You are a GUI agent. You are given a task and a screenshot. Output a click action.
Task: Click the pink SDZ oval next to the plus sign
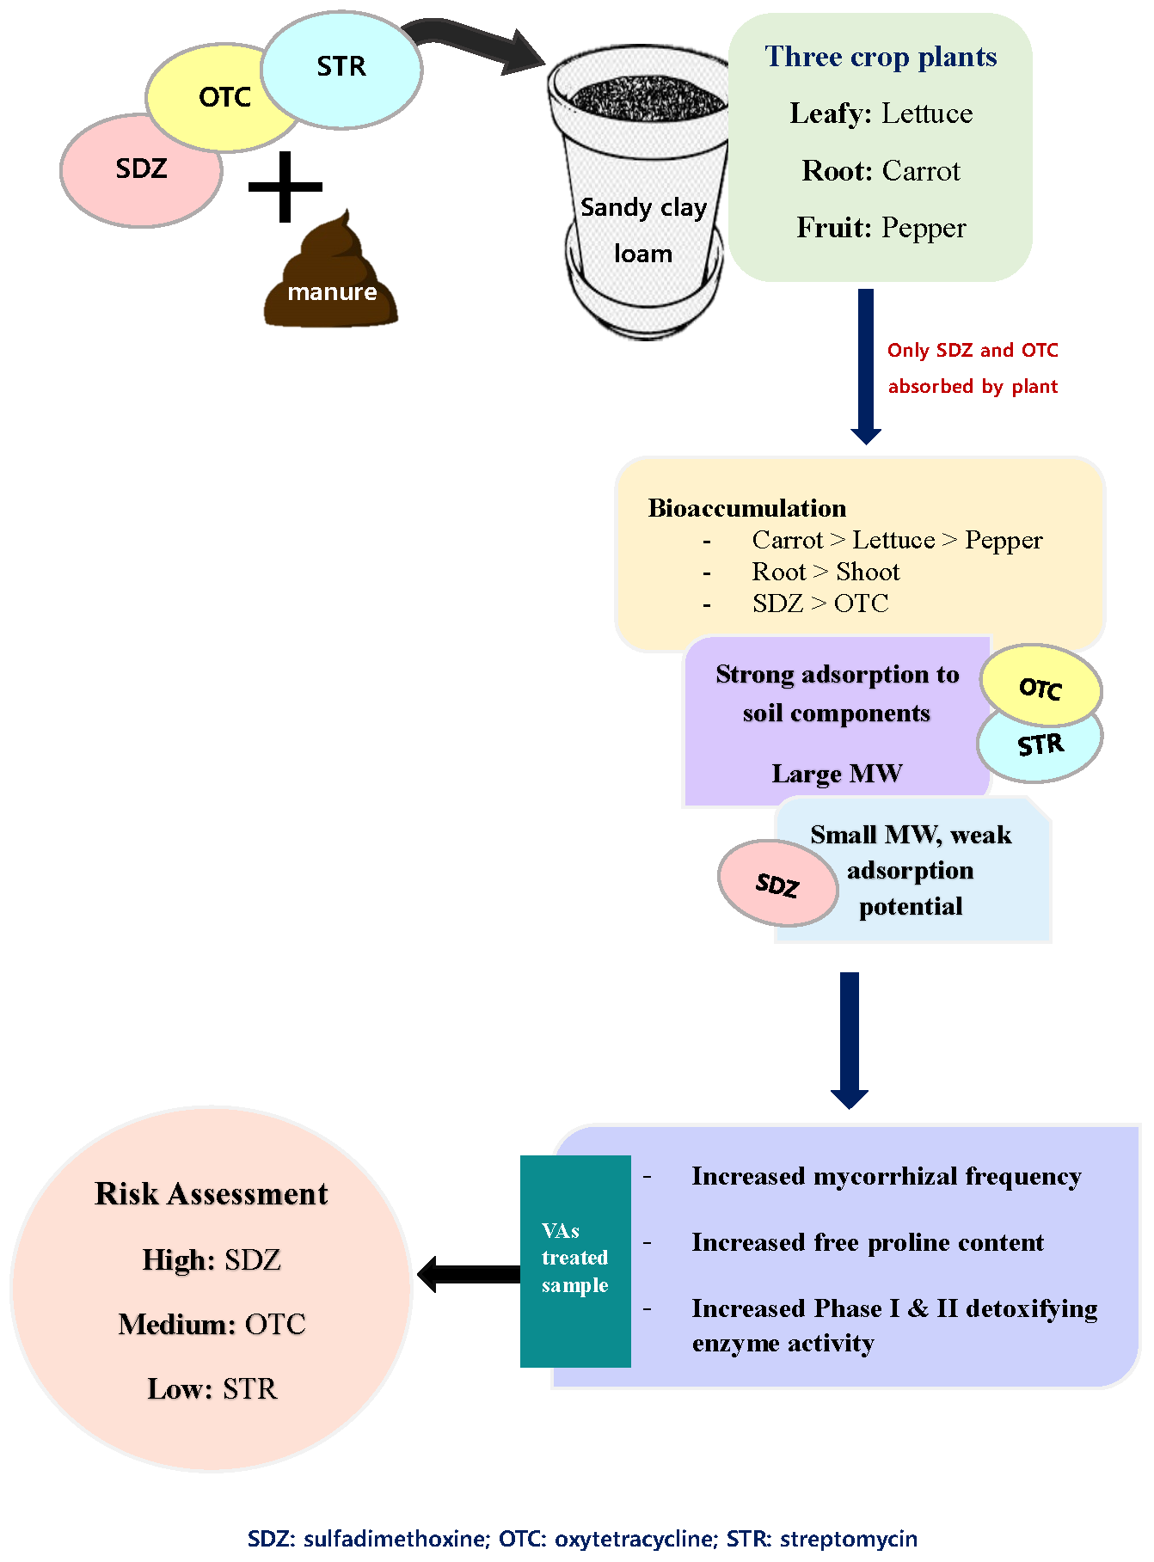coord(141,170)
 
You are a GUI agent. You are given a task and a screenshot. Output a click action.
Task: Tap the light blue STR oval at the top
coord(341,70)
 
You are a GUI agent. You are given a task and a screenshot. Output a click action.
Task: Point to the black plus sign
coord(285,187)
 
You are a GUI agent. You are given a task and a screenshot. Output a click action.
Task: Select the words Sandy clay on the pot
coord(643,207)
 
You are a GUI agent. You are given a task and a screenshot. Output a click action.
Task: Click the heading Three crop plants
coord(881,57)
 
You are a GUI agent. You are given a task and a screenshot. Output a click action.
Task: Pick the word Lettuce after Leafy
coord(927,113)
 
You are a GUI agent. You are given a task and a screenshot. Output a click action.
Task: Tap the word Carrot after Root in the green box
coord(921,171)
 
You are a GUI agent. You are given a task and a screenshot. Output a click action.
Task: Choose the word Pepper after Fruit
coord(924,228)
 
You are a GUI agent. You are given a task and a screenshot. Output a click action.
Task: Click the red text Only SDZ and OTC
coord(973,351)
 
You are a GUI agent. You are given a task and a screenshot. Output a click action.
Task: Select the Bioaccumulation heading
coord(747,508)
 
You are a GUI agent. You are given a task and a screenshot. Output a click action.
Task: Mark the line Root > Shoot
coord(826,572)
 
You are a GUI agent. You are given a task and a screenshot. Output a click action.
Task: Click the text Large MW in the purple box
coord(837,774)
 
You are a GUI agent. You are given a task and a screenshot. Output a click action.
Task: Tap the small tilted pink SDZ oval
coord(778,883)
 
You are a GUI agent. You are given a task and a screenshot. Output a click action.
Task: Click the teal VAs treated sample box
coord(575,1260)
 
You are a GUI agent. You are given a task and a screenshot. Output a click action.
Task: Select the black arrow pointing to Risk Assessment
coord(469,1274)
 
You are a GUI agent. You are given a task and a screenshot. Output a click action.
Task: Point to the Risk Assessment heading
coord(212,1194)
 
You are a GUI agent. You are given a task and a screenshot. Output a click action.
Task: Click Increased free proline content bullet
coord(868,1242)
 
